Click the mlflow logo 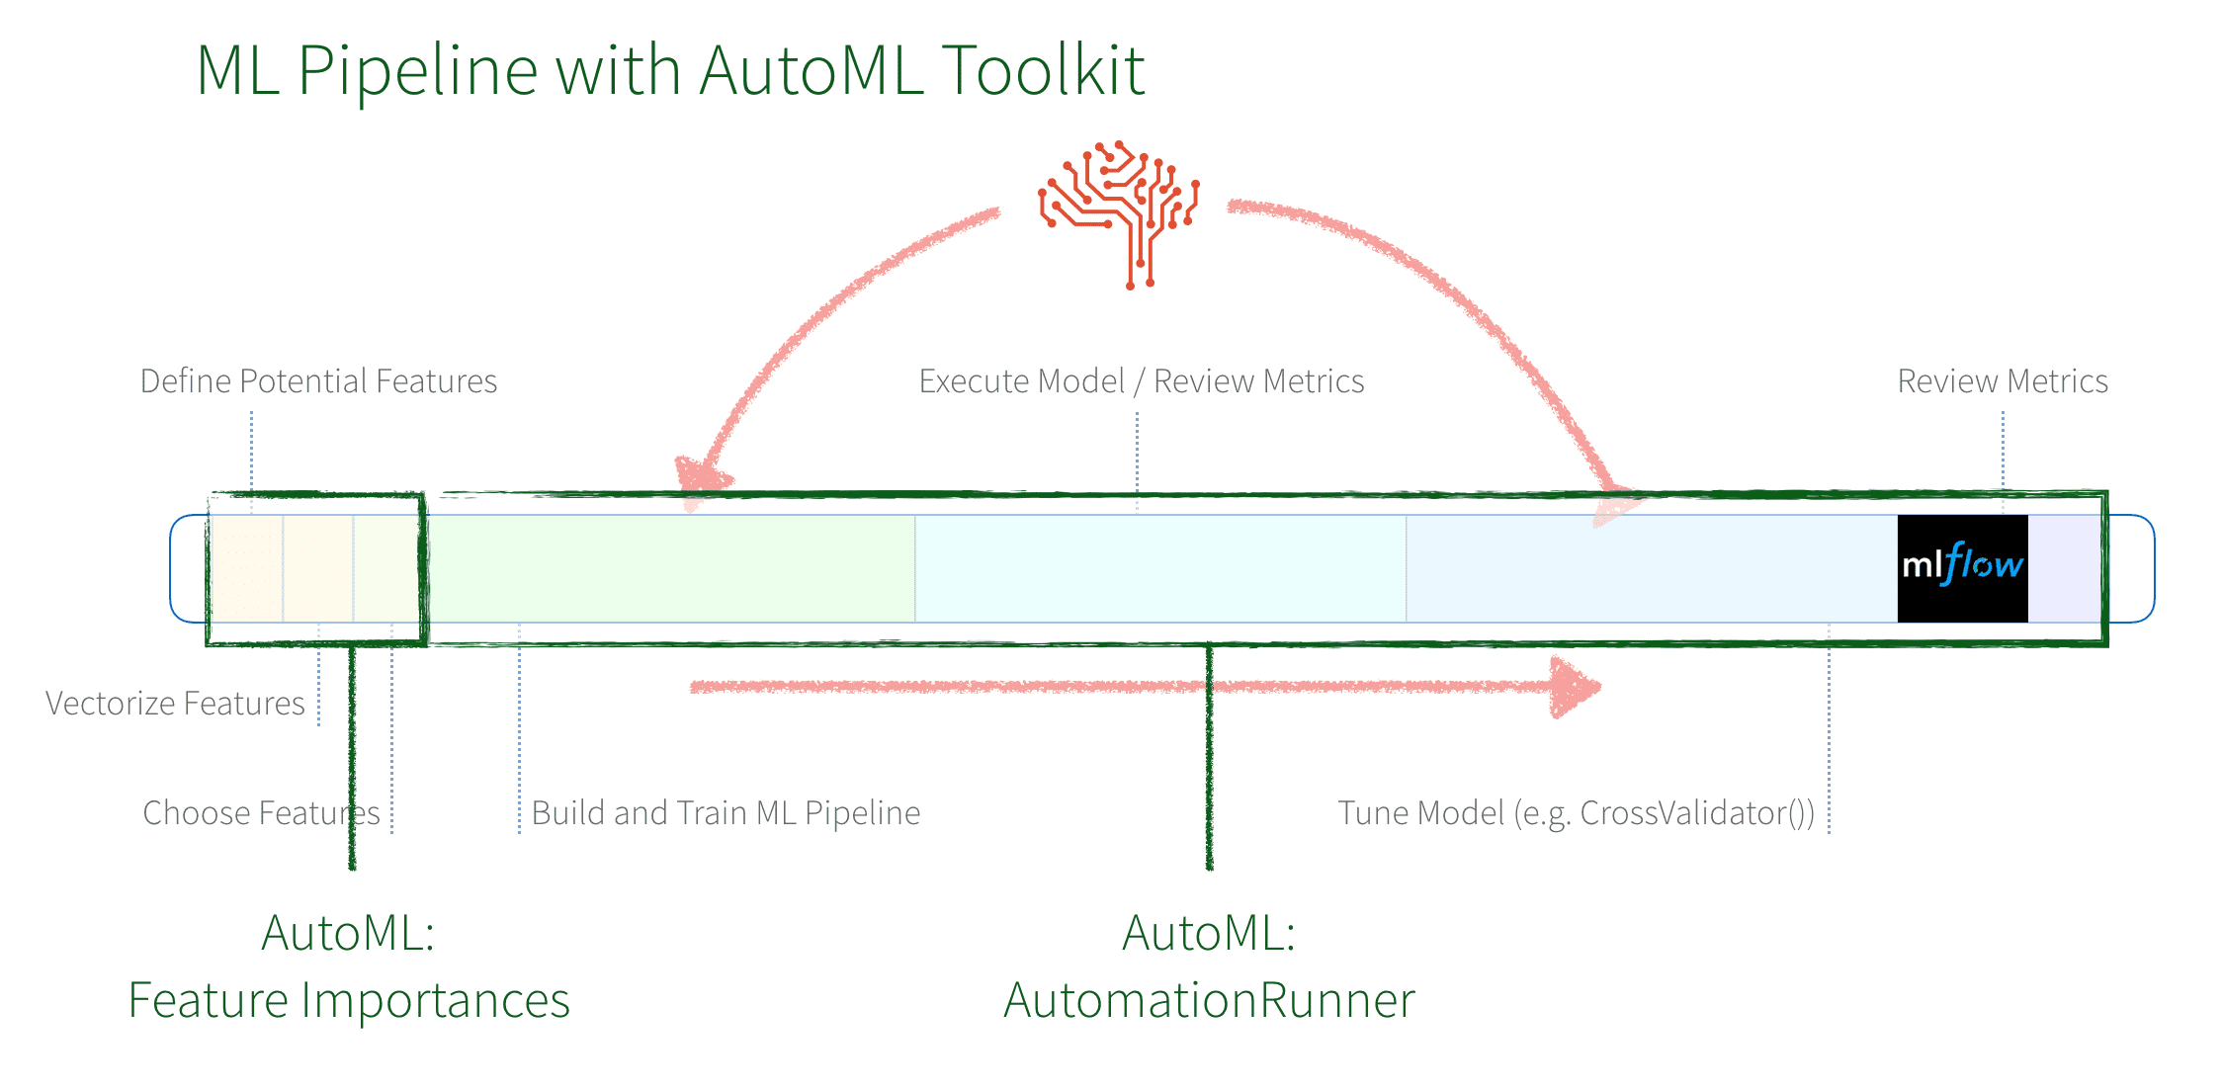pos(1962,567)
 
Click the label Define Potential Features pos(318,381)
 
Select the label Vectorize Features pos(175,704)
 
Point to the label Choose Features pos(261,813)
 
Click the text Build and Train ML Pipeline pos(726,813)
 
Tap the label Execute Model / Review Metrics pos(1141,381)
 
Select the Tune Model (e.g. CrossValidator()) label pos(1576,813)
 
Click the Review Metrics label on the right pos(2002,381)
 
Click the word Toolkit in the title pos(1043,71)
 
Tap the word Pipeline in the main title pos(417,71)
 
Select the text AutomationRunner pos(1209,1000)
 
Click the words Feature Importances pos(349,1000)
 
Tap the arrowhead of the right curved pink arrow pos(1613,504)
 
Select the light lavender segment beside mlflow pos(2064,568)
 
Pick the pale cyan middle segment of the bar pos(1159,568)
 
